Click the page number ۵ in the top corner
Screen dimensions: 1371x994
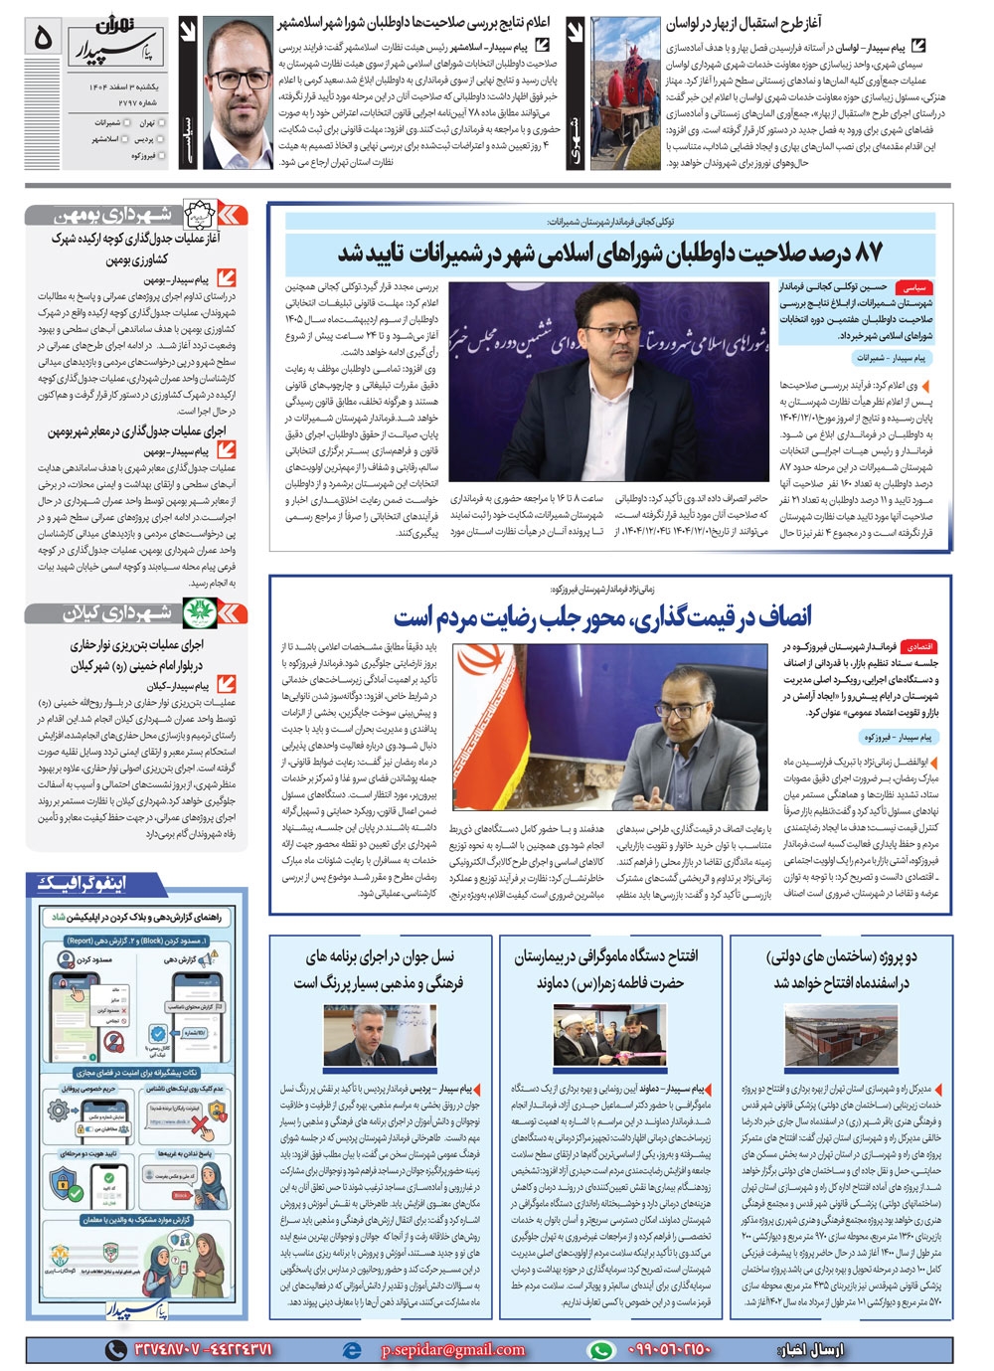coord(42,38)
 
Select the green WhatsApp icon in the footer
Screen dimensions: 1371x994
coord(600,1349)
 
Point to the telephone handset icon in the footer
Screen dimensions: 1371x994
coord(116,1349)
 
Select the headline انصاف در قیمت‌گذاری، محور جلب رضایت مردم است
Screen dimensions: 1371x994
coord(602,617)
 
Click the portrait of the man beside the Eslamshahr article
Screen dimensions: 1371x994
coord(238,94)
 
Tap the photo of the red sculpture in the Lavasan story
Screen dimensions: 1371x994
coord(626,94)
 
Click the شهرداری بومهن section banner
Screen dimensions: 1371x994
coord(135,215)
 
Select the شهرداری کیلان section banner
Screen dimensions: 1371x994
coord(135,612)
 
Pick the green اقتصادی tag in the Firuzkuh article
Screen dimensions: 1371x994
coord(918,646)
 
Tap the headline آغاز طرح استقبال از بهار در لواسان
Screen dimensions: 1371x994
coord(744,22)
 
